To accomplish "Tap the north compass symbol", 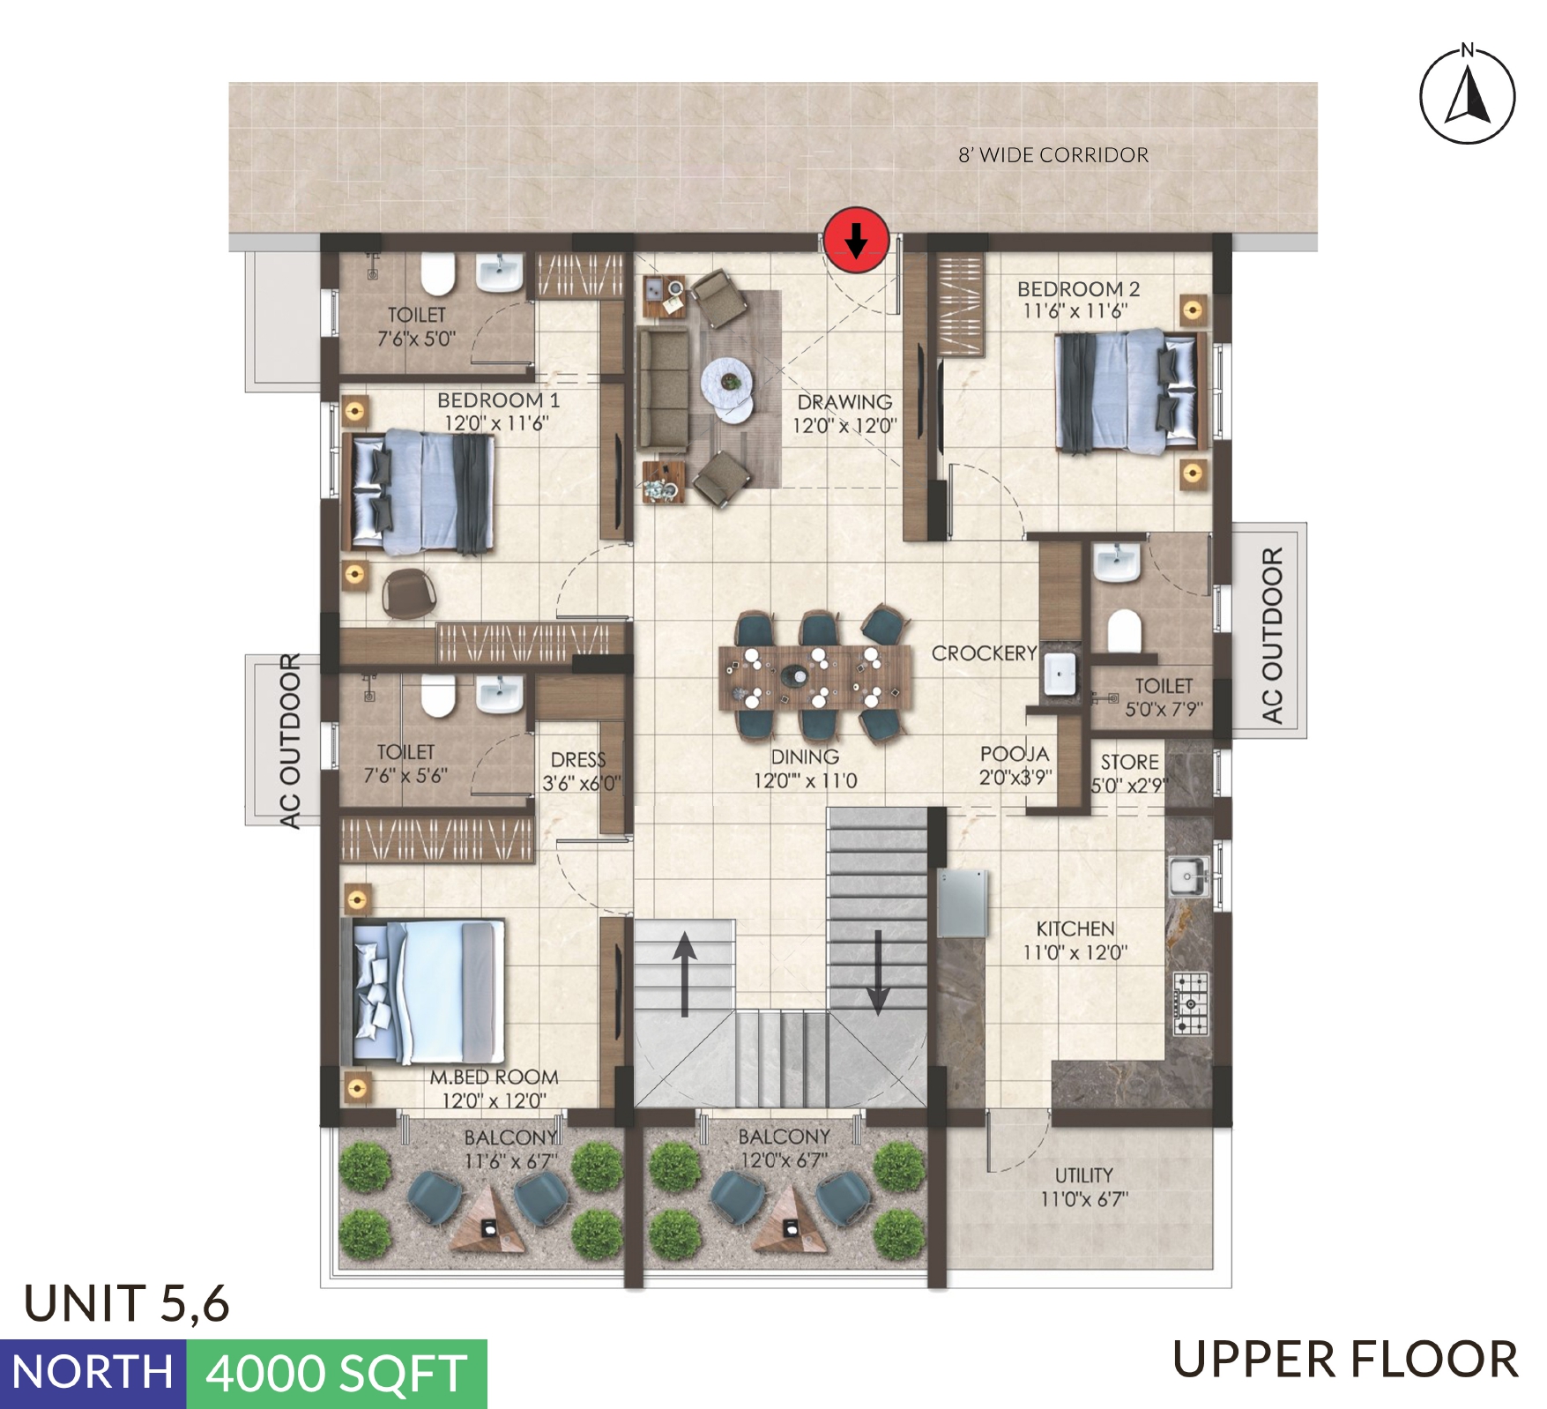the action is coord(1467,93).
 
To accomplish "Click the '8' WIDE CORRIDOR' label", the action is coord(1053,155).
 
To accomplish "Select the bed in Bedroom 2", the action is coord(1131,391).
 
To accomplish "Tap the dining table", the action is coord(814,677).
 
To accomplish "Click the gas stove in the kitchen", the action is coord(1191,1003).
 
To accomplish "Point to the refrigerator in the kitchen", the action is coord(962,902).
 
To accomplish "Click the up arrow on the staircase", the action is coord(685,974).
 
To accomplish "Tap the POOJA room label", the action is coord(1015,754).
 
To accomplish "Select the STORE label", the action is coord(1129,762).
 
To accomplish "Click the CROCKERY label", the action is coord(984,653).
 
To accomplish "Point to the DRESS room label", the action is coord(578,760).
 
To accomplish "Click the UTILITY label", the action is coord(1084,1175).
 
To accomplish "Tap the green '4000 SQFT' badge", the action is coord(337,1374).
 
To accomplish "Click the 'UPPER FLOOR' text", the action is coord(1346,1360).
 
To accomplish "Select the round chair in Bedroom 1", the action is coord(409,592).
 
